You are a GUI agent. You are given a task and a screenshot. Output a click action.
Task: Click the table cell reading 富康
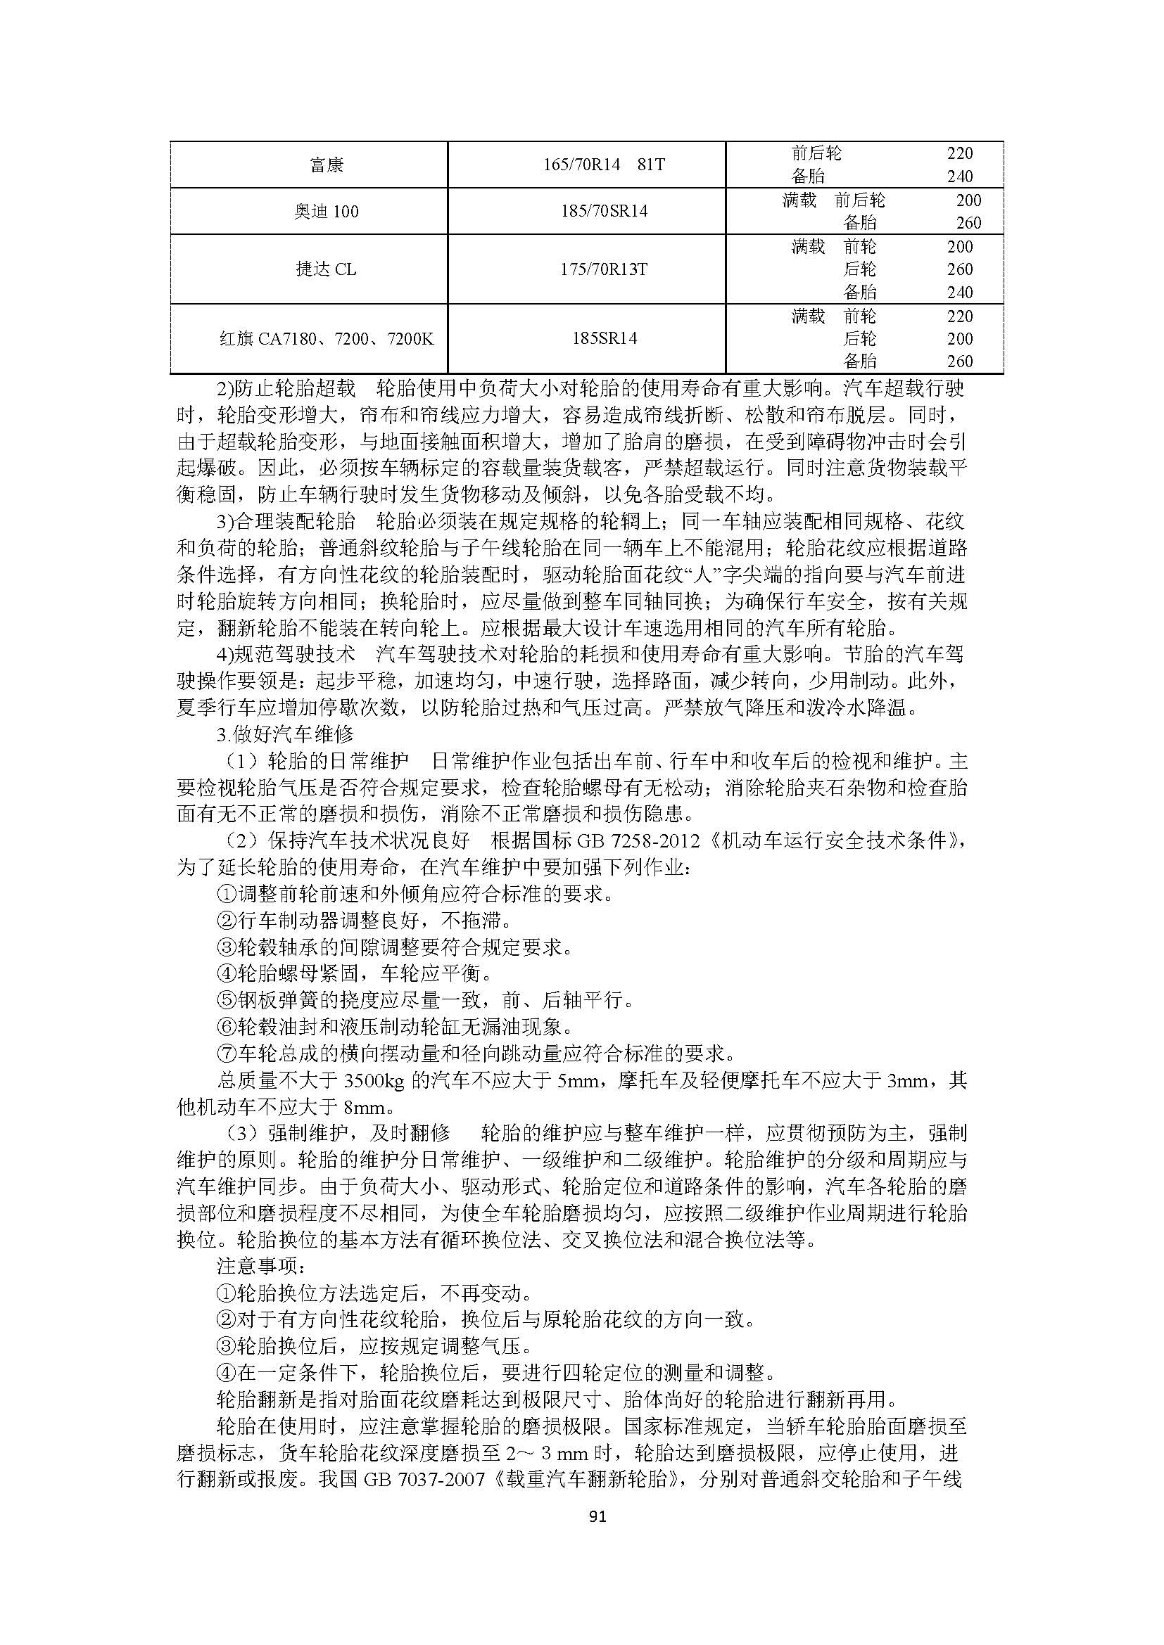(x=327, y=165)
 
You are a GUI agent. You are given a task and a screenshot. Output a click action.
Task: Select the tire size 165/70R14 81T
(x=605, y=165)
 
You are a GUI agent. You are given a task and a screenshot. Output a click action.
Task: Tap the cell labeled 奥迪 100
(x=326, y=212)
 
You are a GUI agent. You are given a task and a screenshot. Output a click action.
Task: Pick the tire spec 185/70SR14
(x=605, y=212)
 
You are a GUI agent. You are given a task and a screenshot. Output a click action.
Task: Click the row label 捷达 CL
(x=326, y=269)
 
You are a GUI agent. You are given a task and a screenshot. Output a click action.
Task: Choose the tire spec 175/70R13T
(x=605, y=269)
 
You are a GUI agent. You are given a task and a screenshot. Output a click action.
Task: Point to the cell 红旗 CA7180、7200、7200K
(x=326, y=339)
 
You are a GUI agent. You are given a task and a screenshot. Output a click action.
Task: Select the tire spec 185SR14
(x=605, y=338)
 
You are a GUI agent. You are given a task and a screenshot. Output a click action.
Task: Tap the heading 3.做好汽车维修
(x=285, y=734)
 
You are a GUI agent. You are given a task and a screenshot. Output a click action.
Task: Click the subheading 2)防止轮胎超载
(x=286, y=389)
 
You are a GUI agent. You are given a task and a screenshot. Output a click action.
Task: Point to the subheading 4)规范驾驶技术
(x=286, y=653)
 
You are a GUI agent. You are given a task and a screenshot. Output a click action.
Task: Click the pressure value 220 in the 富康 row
(x=960, y=153)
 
